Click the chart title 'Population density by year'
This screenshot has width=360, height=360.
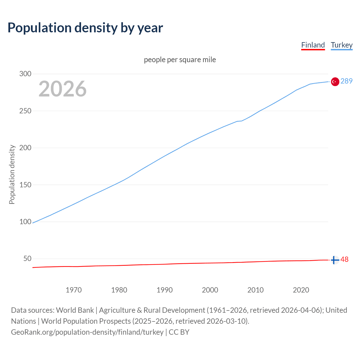tap(85, 28)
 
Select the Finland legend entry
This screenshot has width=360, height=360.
tap(313, 45)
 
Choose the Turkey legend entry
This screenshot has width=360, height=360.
tap(341, 45)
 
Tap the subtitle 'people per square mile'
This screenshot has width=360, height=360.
tap(180, 60)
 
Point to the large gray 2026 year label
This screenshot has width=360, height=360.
tap(62, 89)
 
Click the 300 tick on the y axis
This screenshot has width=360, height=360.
tap(25, 74)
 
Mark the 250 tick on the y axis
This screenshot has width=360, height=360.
tap(25, 111)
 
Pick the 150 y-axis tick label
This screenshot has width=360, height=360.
tap(25, 185)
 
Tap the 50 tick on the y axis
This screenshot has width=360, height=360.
tap(27, 259)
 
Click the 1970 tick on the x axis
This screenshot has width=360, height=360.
tap(74, 290)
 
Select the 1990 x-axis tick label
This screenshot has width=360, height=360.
tap(165, 290)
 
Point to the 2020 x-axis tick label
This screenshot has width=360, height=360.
tap(301, 290)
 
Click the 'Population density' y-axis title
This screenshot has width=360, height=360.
tap(12, 174)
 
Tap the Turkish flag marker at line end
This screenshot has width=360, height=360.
tap(335, 82)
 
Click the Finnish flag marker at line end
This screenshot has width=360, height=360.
tap(335, 260)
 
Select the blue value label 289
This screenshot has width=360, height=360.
tap(346, 81)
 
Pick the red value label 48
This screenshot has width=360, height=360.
tap(345, 259)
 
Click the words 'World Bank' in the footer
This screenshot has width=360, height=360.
tap(75, 310)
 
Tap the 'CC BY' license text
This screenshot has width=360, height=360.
tap(179, 332)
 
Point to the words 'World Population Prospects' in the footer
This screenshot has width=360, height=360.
tap(86, 321)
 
